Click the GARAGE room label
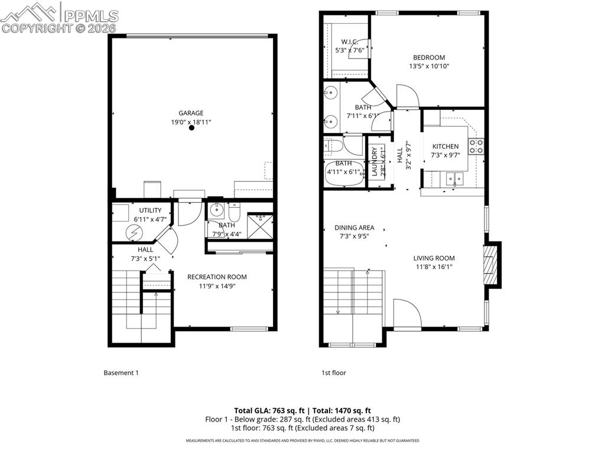(191, 113)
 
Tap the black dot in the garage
(191, 128)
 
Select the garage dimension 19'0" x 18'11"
(191, 122)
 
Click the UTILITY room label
(150, 210)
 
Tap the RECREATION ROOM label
(217, 277)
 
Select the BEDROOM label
(428, 57)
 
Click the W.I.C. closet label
(346, 42)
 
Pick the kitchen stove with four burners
(476, 146)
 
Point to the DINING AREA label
(354, 227)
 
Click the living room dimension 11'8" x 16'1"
(433, 266)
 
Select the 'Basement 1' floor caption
(121, 373)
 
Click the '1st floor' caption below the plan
(334, 373)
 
